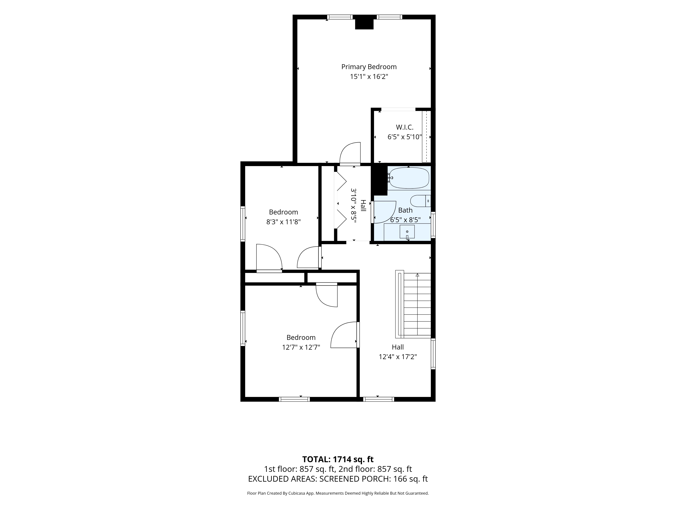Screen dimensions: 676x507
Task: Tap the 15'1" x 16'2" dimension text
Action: click(x=369, y=76)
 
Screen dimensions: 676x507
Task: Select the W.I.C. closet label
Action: click(x=405, y=127)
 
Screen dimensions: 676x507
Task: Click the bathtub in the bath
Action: click(x=409, y=178)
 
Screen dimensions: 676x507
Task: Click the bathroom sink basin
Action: click(x=407, y=231)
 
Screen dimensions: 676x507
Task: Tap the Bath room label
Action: click(x=405, y=210)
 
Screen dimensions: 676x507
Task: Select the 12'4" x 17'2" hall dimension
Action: click(x=398, y=357)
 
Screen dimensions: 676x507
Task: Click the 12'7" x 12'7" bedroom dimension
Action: click(x=301, y=347)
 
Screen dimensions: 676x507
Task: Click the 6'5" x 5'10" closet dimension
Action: click(x=405, y=137)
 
